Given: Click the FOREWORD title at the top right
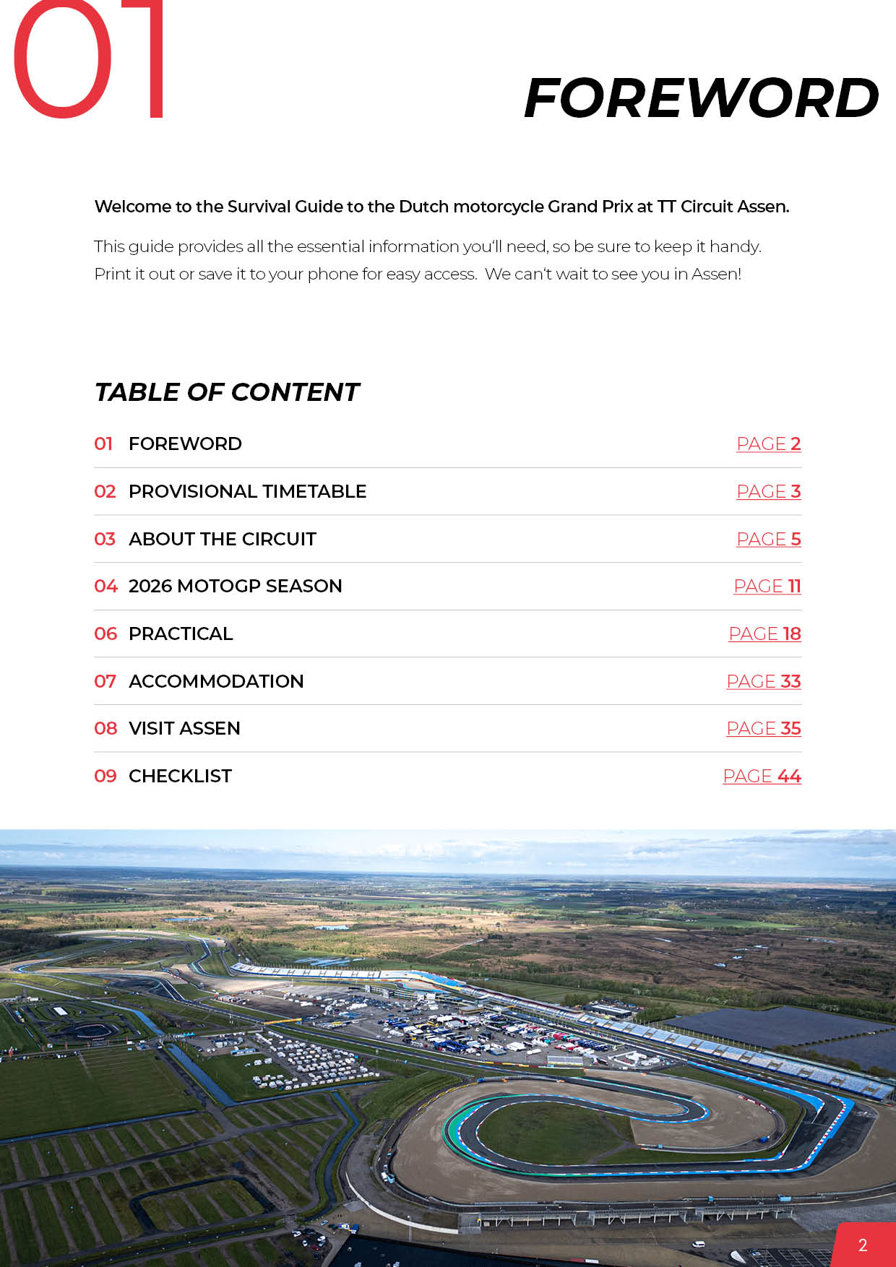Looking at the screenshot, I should point(701,98).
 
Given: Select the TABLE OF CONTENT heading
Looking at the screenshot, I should point(227,392).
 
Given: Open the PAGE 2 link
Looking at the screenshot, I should point(768,444).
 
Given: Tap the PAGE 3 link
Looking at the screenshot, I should point(768,492).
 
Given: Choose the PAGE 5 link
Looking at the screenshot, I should point(768,540).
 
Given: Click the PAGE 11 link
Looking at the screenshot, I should point(767,587).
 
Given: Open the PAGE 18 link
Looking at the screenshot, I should point(764,634).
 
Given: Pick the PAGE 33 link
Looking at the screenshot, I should point(763,682).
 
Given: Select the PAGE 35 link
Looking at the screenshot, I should point(763,729).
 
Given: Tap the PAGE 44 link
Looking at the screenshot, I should point(762,777).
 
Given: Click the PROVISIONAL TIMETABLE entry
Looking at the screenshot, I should point(247,492).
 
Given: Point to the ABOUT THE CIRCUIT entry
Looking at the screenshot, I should point(223,540).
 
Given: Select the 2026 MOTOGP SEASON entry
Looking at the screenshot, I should point(235,587).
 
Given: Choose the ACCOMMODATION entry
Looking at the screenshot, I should point(216,682).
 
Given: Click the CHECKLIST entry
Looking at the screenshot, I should point(180,777).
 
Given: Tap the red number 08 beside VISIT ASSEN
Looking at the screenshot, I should point(105,729).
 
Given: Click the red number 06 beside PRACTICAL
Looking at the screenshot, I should point(105,634).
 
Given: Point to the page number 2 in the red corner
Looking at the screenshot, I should point(862,1245).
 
